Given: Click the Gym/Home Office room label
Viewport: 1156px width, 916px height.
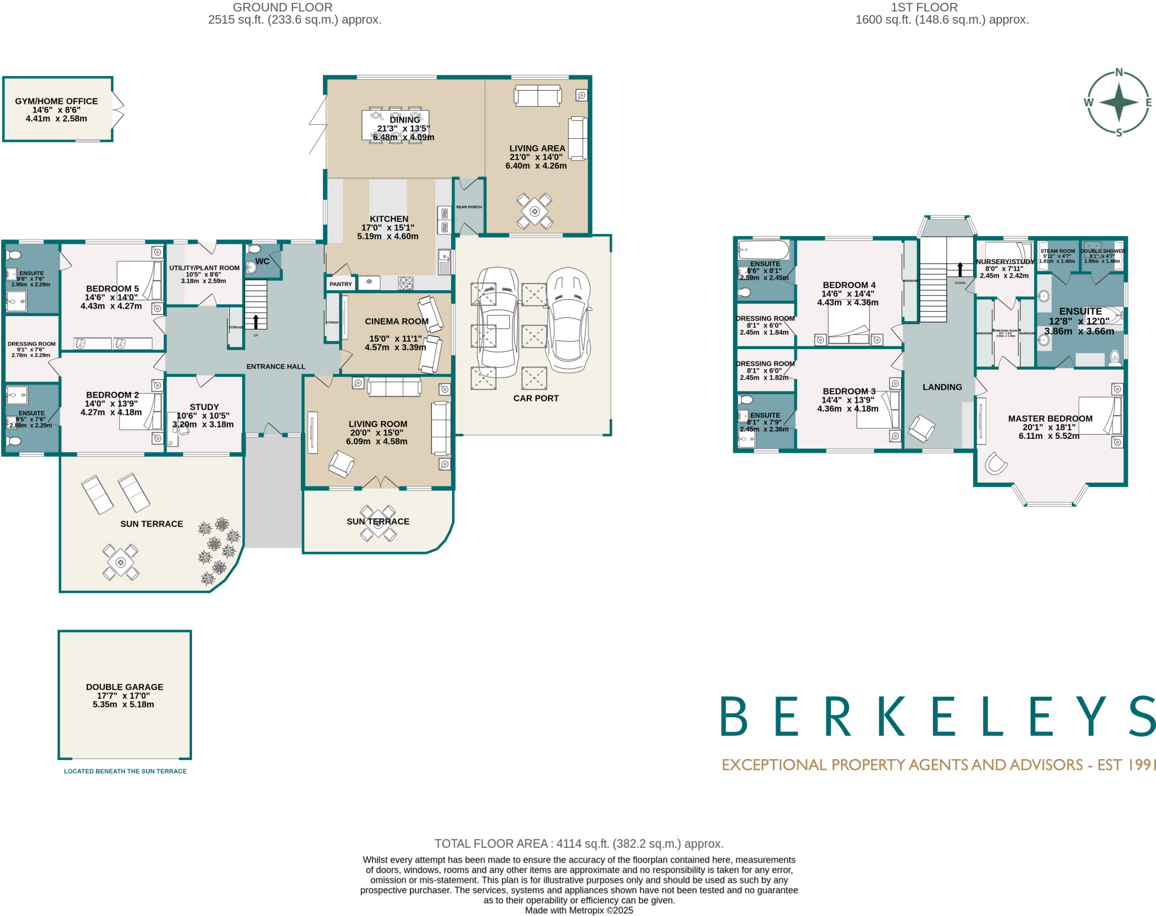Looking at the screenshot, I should [x=56, y=101].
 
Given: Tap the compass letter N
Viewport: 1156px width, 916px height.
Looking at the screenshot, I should [x=1119, y=73].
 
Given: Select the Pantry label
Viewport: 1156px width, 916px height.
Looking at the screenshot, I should [x=340, y=284].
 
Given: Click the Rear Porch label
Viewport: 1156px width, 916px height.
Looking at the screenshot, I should [x=469, y=207].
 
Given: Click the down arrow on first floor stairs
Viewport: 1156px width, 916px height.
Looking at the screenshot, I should [x=960, y=269].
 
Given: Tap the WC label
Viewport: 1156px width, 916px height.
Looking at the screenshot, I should [x=262, y=261].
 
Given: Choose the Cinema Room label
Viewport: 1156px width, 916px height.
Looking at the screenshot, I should [x=396, y=321].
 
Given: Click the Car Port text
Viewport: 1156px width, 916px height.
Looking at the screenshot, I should [x=536, y=398].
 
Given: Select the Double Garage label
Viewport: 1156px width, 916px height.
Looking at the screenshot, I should [x=124, y=687].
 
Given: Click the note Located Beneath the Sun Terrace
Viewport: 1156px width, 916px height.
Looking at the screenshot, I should [x=125, y=771].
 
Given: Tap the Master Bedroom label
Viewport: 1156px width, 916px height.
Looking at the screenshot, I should [x=1050, y=418].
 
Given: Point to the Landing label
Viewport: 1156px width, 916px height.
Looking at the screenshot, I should [x=942, y=387].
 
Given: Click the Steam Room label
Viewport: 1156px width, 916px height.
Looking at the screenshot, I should [x=1057, y=251].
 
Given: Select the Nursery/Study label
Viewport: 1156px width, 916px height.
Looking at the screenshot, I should [x=1005, y=261].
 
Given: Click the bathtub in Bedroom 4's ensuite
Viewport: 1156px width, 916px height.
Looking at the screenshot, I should [x=763, y=250].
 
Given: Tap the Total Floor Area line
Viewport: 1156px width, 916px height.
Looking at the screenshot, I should [x=579, y=844].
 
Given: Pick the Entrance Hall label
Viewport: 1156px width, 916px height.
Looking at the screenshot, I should [x=275, y=367].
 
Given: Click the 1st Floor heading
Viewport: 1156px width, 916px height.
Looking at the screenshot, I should [x=924, y=7].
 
